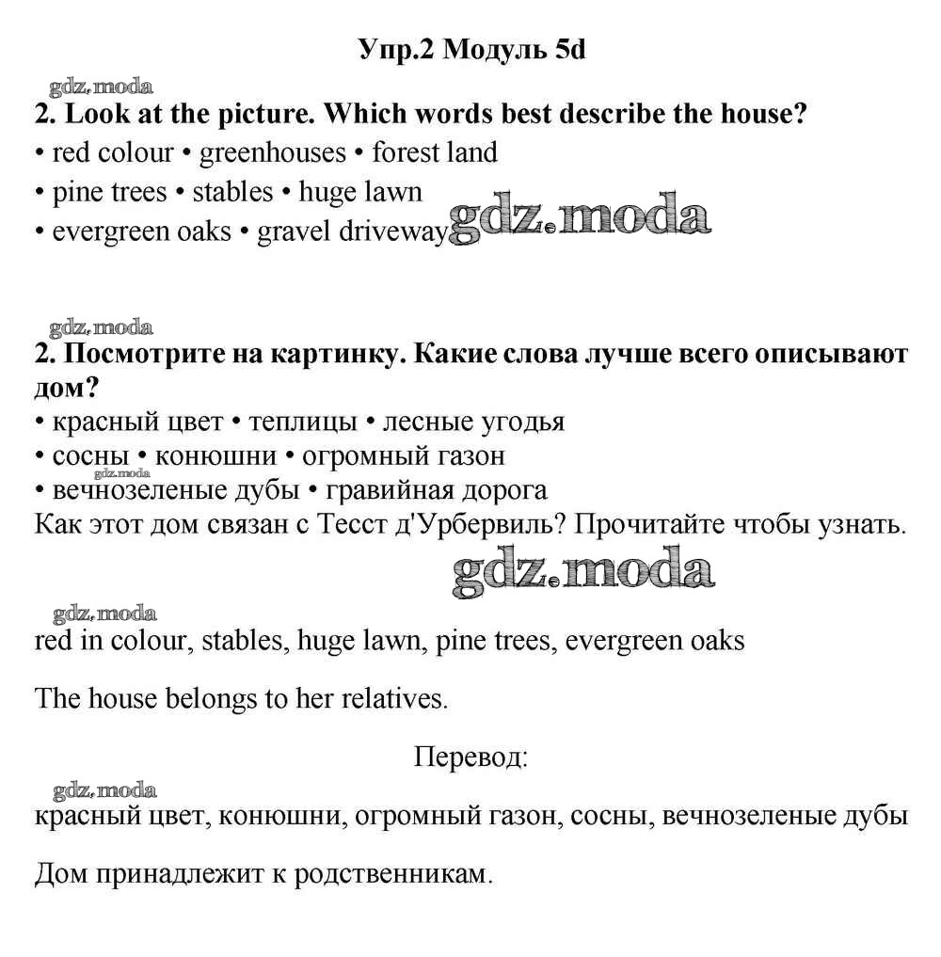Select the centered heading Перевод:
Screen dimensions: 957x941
tap(470, 757)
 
